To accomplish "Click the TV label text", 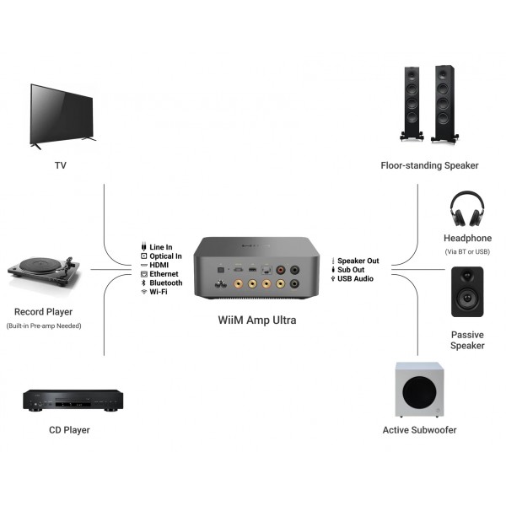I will tap(61, 165).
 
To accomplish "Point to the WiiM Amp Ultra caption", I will tap(253, 320).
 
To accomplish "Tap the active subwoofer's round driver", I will tap(421, 393).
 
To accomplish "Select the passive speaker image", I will tap(467, 292).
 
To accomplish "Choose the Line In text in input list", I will tap(160, 247).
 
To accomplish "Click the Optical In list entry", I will tap(165, 256).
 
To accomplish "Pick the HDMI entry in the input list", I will tap(159, 265).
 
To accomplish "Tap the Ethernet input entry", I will tap(164, 274).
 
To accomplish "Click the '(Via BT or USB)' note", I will tap(467, 251).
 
